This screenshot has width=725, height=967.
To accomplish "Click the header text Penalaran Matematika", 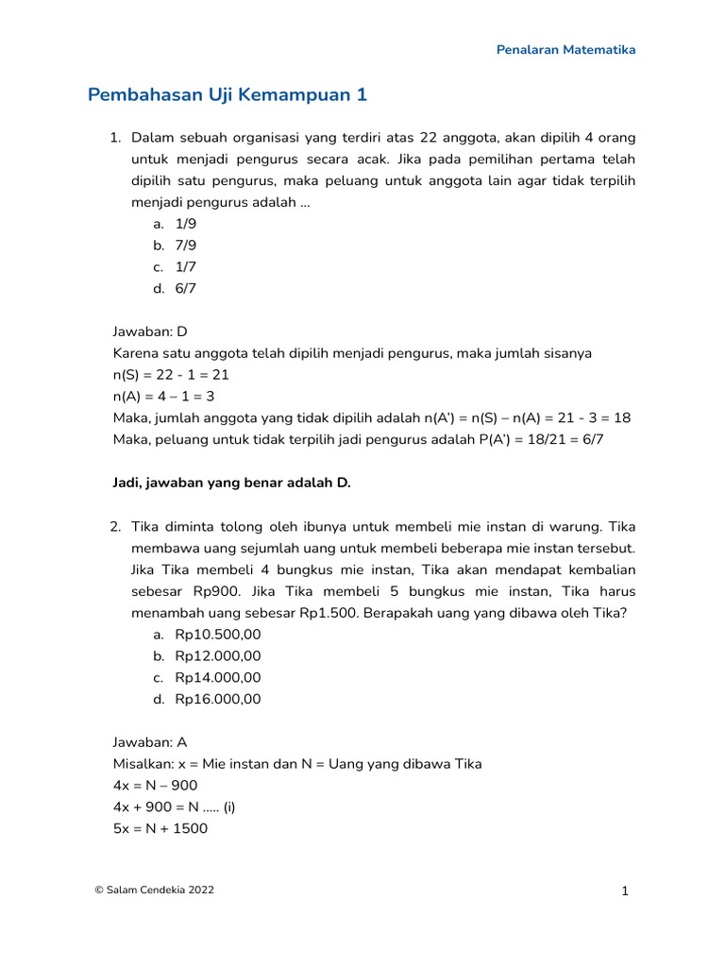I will [x=566, y=49].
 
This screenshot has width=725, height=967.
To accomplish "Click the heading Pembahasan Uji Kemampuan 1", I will [x=227, y=95].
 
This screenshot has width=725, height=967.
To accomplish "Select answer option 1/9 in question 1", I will [x=185, y=224].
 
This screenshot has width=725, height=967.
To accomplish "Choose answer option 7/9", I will [x=185, y=246].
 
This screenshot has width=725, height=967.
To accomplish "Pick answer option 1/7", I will [x=185, y=267].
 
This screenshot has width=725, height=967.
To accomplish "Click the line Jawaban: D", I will [x=150, y=331].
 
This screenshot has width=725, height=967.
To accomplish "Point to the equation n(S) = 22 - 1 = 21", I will [x=171, y=375].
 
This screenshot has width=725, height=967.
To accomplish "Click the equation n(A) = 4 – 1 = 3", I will [x=163, y=397].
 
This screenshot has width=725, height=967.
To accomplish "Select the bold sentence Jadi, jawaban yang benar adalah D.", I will [x=231, y=483].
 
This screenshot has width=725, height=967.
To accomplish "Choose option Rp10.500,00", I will [x=218, y=635].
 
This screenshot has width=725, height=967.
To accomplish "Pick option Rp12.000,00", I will [x=218, y=656].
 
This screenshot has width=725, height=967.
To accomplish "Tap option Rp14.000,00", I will [x=218, y=677].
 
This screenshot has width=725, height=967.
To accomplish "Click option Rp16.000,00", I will [x=218, y=699].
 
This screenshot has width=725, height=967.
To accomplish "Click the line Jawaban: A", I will [x=150, y=742].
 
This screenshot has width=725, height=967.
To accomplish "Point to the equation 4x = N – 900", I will [x=155, y=786].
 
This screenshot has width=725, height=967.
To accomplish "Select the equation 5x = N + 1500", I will [x=160, y=828].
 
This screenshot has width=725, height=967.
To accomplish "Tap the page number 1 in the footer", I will [x=625, y=891].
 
